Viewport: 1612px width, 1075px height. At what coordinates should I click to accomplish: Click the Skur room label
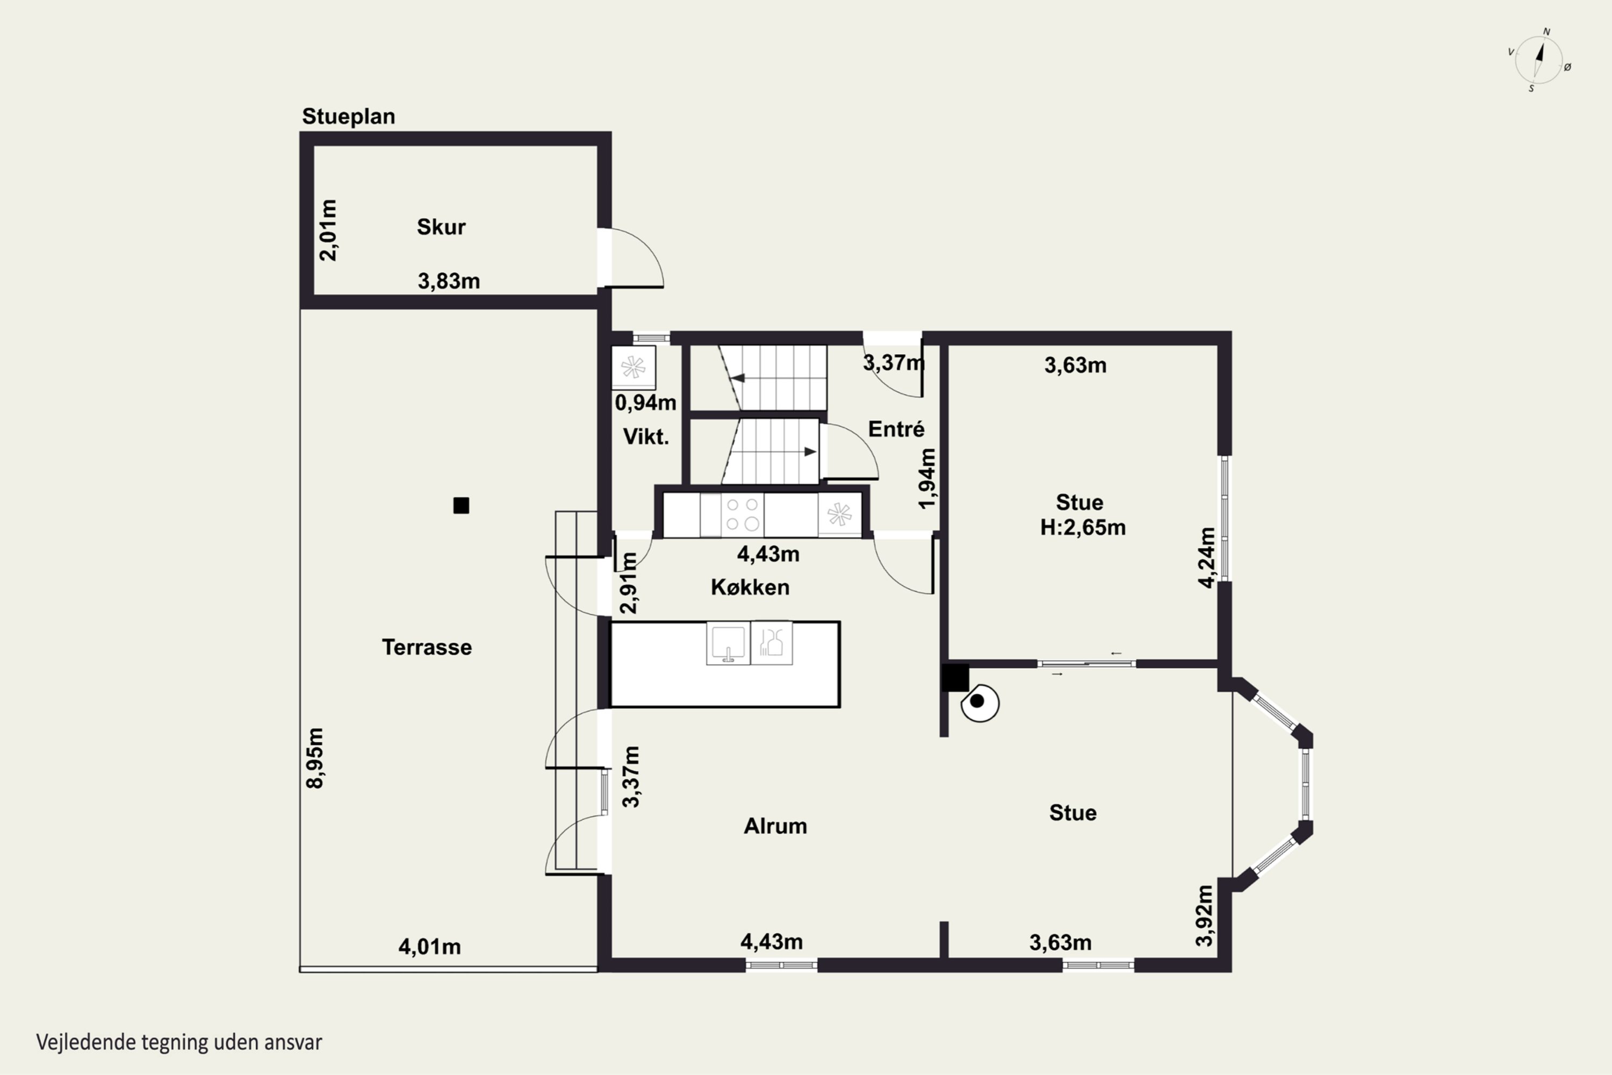[x=441, y=227]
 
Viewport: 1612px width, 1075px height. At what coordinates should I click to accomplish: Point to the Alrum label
[x=775, y=826]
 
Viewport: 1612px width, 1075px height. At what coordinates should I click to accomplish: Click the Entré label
[x=896, y=428]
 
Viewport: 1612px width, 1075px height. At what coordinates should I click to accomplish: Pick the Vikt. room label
[x=646, y=436]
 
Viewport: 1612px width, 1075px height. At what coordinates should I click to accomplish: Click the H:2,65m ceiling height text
[x=1083, y=527]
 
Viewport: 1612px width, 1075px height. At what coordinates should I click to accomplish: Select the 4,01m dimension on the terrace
[x=430, y=947]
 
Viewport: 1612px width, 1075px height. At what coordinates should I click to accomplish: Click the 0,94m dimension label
[x=646, y=403]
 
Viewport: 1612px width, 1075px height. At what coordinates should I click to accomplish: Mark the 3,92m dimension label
[x=1204, y=915]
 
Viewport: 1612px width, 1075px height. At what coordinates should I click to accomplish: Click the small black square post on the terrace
[x=461, y=505]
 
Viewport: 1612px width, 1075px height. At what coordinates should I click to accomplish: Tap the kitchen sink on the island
[x=728, y=643]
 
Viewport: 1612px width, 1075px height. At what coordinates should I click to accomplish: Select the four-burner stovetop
[x=742, y=515]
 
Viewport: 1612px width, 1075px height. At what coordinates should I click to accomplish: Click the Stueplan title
[x=348, y=117]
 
